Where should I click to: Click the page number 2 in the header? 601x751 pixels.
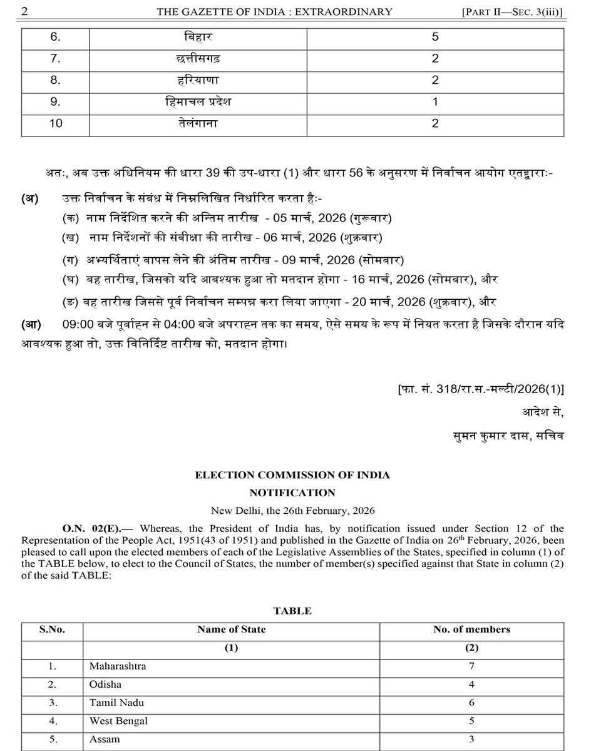point(26,11)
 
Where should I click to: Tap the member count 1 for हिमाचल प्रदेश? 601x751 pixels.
point(435,102)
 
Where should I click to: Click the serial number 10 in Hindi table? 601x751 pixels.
point(56,123)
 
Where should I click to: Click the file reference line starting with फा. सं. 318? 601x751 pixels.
point(480,389)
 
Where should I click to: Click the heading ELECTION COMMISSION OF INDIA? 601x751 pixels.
point(292,475)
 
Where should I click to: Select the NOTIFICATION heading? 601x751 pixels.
point(292,493)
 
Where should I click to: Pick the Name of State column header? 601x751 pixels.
point(231,630)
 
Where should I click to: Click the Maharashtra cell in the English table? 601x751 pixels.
point(118,666)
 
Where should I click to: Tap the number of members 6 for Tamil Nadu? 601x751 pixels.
point(471,703)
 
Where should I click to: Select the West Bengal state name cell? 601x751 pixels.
point(118,721)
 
